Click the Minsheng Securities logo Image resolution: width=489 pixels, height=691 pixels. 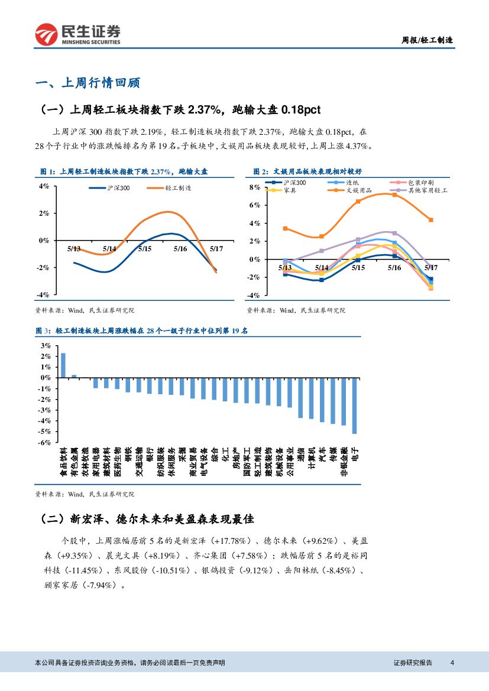[77, 35]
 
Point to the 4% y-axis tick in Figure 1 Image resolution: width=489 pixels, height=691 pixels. [44, 186]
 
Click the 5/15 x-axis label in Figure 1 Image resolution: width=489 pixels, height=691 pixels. [145, 249]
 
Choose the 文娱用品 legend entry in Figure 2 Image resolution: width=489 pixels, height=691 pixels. [358, 191]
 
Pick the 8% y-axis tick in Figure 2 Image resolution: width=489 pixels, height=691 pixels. [254, 187]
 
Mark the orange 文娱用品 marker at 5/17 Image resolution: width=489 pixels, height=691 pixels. [431, 220]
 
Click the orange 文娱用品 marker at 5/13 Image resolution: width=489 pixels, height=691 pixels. [285, 228]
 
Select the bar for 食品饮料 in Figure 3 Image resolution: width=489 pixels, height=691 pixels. [63, 365]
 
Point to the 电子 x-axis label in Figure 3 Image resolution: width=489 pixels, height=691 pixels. [354, 455]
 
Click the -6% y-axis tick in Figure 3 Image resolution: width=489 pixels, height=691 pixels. [45, 442]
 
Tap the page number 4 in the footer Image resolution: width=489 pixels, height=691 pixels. [452, 663]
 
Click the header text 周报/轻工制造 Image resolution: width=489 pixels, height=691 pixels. [427, 40]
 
